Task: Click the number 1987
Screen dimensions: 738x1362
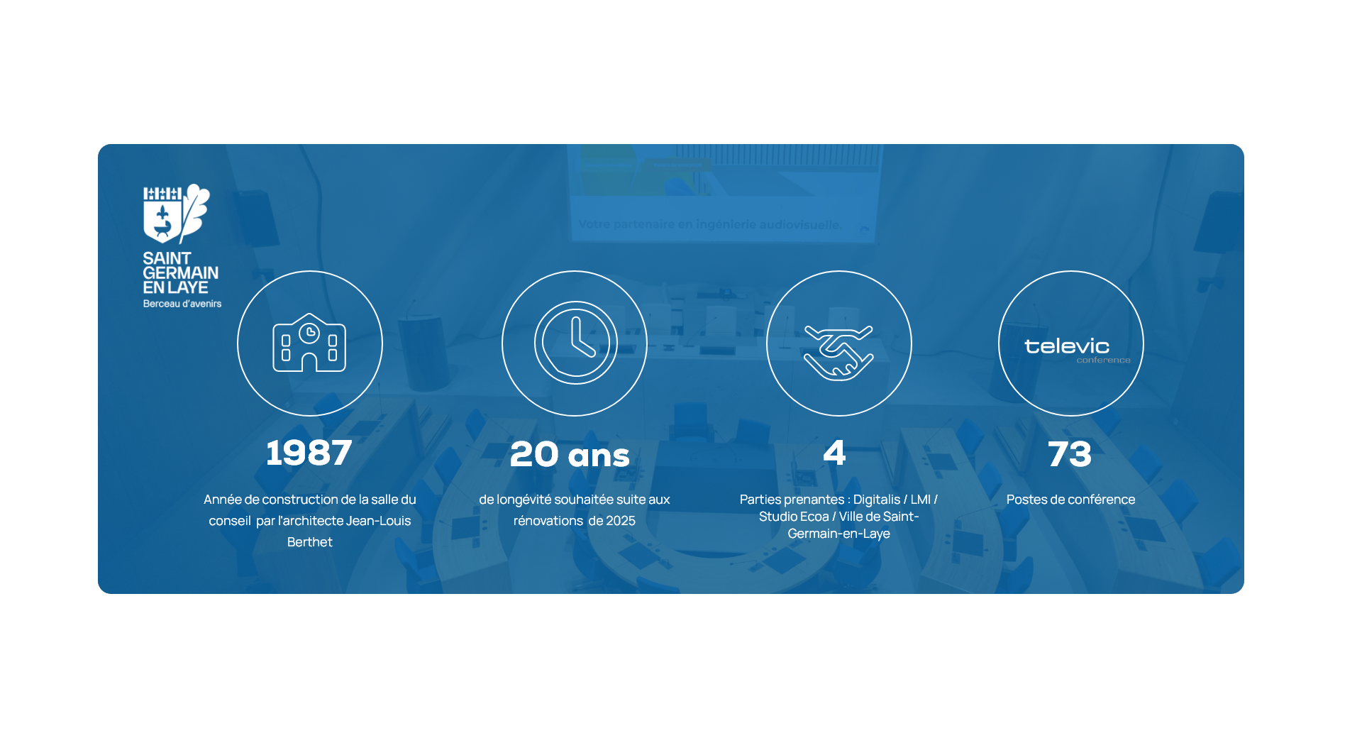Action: click(309, 453)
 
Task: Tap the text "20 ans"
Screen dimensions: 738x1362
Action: click(570, 454)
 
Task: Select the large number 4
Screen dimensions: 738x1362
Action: click(834, 453)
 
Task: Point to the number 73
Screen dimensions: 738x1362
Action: click(1070, 454)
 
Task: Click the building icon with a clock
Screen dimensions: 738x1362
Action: click(309, 343)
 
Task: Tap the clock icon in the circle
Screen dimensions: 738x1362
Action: click(575, 343)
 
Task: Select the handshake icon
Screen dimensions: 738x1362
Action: click(838, 352)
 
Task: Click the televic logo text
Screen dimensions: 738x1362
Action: click(1067, 346)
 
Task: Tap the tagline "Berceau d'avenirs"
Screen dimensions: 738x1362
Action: click(182, 304)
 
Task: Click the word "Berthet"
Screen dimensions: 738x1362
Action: click(309, 542)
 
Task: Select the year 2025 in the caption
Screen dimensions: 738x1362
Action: click(621, 521)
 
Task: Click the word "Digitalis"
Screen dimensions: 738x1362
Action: click(877, 500)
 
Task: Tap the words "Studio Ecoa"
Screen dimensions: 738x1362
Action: click(794, 517)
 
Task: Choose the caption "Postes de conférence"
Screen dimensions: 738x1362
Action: click(1070, 500)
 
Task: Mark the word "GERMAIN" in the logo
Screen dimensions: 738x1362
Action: click(181, 273)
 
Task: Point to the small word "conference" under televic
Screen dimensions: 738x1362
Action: click(1103, 360)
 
